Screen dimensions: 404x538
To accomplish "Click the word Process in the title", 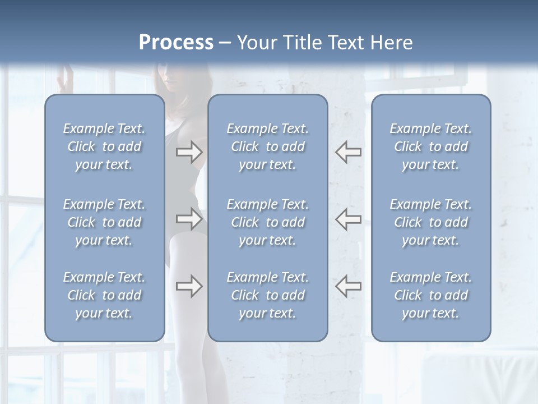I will click(x=176, y=43).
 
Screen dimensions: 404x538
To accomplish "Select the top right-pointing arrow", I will click(x=189, y=151).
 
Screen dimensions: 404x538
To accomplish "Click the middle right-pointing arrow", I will click(x=189, y=218).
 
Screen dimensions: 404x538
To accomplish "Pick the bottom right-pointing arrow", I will click(x=189, y=286).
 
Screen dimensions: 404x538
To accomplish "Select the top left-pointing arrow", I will click(x=348, y=151).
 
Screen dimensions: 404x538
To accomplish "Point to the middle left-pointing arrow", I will click(x=348, y=218).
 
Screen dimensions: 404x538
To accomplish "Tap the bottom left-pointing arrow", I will click(x=348, y=286).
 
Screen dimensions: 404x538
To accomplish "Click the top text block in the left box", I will click(x=104, y=146).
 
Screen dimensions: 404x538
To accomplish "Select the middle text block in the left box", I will click(x=104, y=222).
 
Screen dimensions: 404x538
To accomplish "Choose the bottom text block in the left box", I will click(x=104, y=295).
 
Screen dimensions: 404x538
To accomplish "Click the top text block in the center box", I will click(x=268, y=146).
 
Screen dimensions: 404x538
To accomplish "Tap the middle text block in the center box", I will click(x=268, y=222).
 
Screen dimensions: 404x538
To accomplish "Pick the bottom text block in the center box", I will click(x=268, y=295).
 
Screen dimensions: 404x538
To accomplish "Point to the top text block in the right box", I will click(x=431, y=146).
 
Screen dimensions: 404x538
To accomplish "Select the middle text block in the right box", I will click(x=431, y=222).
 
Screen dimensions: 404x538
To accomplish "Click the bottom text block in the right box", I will click(x=431, y=295).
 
